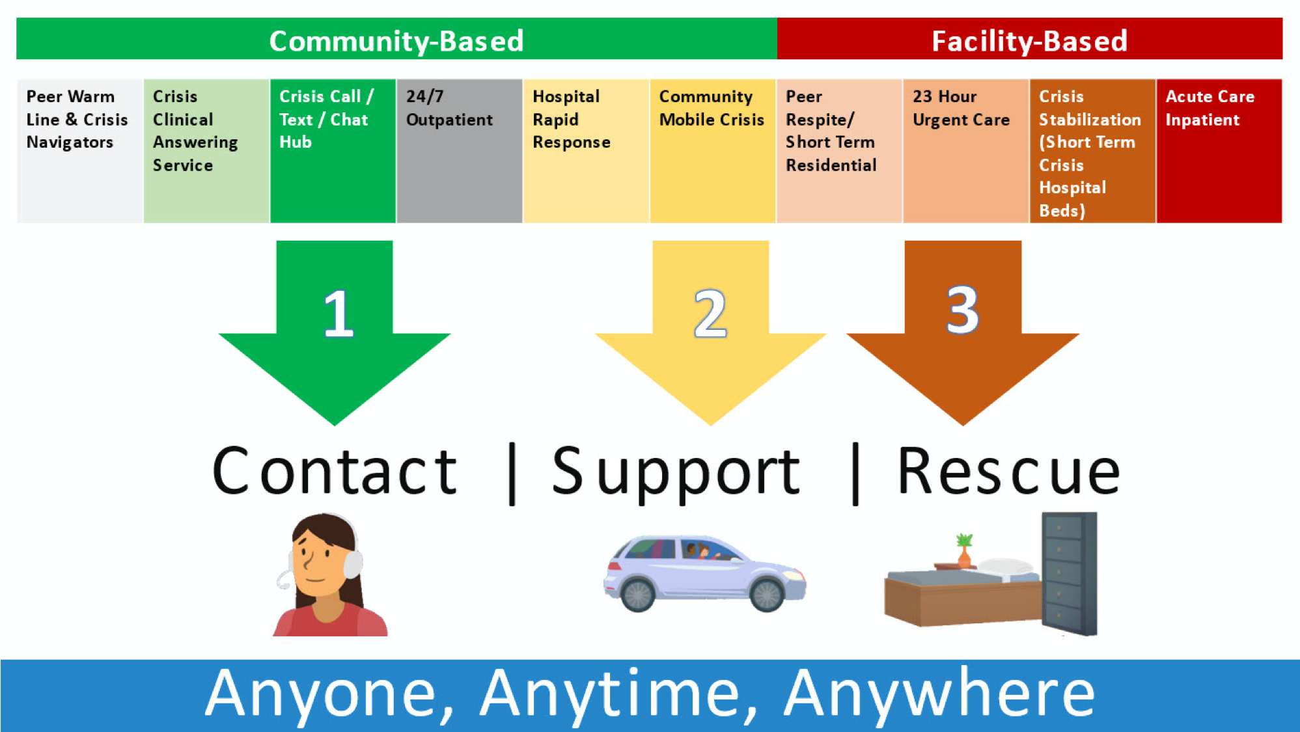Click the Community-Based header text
pyautogui.click(x=396, y=40)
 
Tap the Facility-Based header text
pyautogui.click(x=1029, y=40)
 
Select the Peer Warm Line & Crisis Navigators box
pyautogui.click(x=79, y=151)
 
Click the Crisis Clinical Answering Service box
pyautogui.click(x=206, y=151)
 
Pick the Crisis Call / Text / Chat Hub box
pyautogui.click(x=333, y=151)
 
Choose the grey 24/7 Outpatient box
pyautogui.click(x=459, y=151)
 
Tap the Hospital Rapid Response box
pyautogui.click(x=586, y=151)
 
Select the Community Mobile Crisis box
pyautogui.click(x=712, y=151)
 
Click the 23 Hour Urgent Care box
pyautogui.click(x=965, y=151)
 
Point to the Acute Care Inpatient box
pyautogui.click(x=1219, y=151)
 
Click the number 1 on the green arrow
pyautogui.click(x=338, y=314)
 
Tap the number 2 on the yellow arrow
pyautogui.click(x=710, y=314)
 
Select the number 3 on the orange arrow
pyautogui.click(x=962, y=310)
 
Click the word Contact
pyautogui.click(x=335, y=471)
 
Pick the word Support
pyautogui.click(x=676, y=474)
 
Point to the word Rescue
pyautogui.click(x=1008, y=471)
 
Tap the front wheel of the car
pyautogui.click(x=766, y=595)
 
